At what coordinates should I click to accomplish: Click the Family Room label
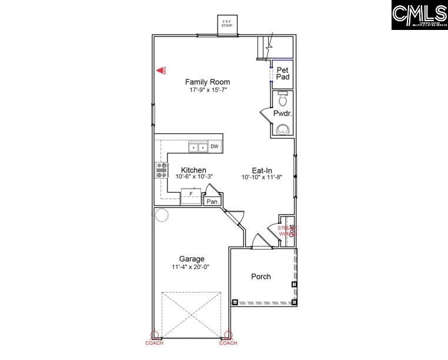click(x=208, y=82)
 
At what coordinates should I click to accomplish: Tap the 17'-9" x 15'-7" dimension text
click(x=208, y=90)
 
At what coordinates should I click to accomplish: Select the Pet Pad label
click(x=283, y=73)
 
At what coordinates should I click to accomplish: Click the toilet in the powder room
click(x=282, y=99)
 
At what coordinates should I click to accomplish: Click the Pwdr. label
click(x=283, y=113)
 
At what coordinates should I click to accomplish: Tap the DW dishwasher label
click(x=215, y=147)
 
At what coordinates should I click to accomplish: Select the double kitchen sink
click(x=198, y=147)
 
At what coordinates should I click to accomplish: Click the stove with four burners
click(x=161, y=170)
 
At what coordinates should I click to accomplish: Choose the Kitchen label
click(x=193, y=170)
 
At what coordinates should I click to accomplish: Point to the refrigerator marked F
click(x=190, y=194)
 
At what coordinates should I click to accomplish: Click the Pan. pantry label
click(x=212, y=201)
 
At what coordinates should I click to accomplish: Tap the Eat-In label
click(x=262, y=170)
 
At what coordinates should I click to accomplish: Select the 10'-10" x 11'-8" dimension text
click(x=262, y=177)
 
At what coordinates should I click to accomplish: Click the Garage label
click(x=192, y=259)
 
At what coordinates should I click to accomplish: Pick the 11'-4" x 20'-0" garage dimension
click(x=192, y=267)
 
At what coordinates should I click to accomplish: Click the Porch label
click(x=261, y=276)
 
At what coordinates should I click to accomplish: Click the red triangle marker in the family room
click(x=159, y=70)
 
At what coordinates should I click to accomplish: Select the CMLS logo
click(x=419, y=15)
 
